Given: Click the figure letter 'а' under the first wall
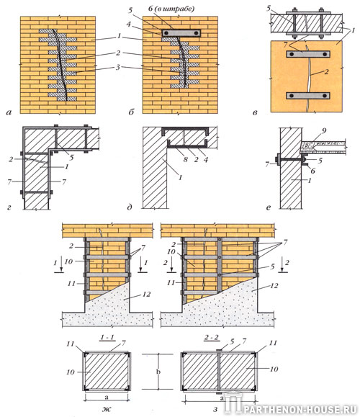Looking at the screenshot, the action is click(x=9, y=112).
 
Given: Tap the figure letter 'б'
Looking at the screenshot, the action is click(x=131, y=112).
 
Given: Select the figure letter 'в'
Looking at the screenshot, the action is click(x=255, y=112).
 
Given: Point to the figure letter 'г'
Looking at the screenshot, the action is click(x=9, y=207).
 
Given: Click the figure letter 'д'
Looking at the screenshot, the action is click(x=130, y=207).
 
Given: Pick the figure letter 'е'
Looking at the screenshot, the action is click(x=268, y=207).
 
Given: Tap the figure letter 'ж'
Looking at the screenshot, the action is click(x=107, y=409).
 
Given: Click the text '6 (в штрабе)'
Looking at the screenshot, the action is click(x=171, y=9).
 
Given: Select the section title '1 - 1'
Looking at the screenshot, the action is click(x=108, y=338).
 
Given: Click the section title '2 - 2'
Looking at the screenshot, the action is click(x=212, y=338).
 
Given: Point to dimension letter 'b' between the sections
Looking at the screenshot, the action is click(x=158, y=372).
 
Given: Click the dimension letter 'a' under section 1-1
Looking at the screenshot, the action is click(x=107, y=398).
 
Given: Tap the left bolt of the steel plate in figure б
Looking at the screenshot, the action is click(x=166, y=33).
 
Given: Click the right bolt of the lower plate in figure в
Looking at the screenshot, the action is click(x=325, y=96).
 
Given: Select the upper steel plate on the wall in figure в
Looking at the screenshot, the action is click(x=308, y=54).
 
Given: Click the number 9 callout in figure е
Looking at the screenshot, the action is click(x=324, y=131).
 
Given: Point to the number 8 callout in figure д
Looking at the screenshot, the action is click(x=186, y=159).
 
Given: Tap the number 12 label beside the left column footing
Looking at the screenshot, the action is click(x=146, y=294).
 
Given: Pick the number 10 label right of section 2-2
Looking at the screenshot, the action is click(x=274, y=369).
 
